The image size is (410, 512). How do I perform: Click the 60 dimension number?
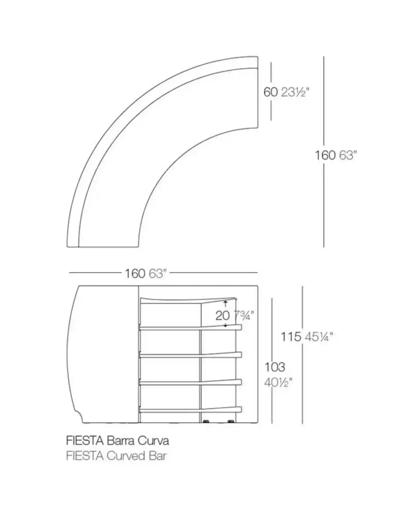pos(271,92)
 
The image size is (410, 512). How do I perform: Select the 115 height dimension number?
pos(291,337)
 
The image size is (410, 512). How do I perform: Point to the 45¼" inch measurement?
pos(319,337)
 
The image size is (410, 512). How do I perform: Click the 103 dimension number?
pos(275,367)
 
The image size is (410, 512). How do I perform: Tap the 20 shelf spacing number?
pos(222,316)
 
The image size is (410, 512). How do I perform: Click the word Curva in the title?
pos(153,441)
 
